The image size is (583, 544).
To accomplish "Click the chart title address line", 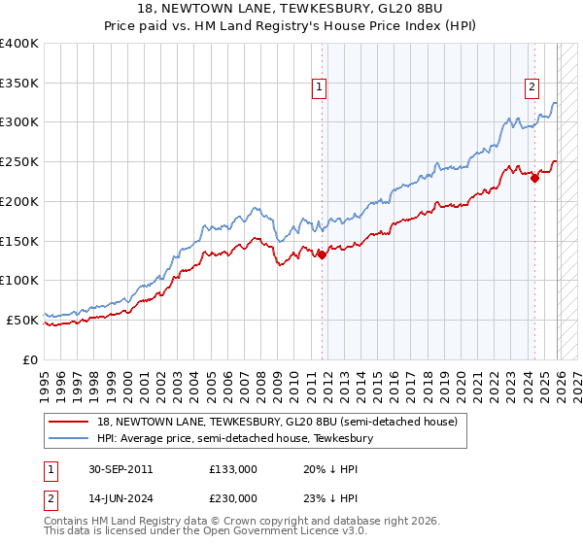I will point(291,9).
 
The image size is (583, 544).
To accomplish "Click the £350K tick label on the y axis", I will point(19,83).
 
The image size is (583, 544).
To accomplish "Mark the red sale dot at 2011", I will point(322,255).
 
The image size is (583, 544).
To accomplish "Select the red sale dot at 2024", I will point(534,178).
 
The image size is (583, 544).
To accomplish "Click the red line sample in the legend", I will point(69,422).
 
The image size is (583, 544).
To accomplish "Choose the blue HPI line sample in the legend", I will point(69,438).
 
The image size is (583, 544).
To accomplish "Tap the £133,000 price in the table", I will point(233,469).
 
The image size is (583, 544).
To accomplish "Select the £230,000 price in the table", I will point(233,498).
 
